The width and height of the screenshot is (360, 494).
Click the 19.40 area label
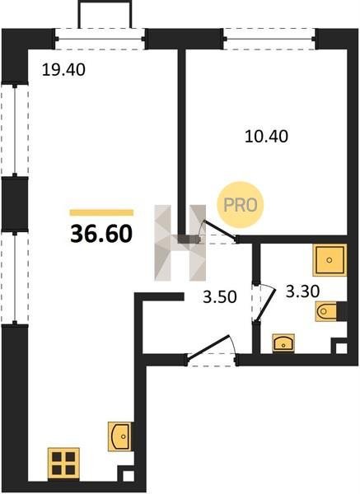click(x=63, y=70)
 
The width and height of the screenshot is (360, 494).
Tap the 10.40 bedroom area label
click(x=266, y=137)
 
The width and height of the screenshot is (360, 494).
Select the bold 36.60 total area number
click(x=101, y=235)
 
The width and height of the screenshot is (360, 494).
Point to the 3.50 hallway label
click(x=220, y=296)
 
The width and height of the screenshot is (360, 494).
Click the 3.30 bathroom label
click(x=302, y=291)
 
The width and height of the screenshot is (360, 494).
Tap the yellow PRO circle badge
click(x=241, y=205)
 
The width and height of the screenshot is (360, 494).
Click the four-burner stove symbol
click(x=63, y=463)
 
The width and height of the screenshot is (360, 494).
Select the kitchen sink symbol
click(x=119, y=436)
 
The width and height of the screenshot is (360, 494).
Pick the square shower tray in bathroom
click(x=330, y=260)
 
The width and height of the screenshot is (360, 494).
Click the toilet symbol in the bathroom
click(x=326, y=311)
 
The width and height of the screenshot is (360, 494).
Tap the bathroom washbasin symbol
click(x=283, y=343)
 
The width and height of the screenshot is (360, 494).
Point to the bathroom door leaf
click(x=266, y=304)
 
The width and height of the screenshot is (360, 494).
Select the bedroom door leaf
click(x=220, y=231)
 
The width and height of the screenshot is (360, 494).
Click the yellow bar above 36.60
click(x=101, y=212)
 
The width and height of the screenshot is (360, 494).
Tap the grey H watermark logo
click(x=180, y=243)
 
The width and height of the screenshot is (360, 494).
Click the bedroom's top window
click(x=269, y=39)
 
